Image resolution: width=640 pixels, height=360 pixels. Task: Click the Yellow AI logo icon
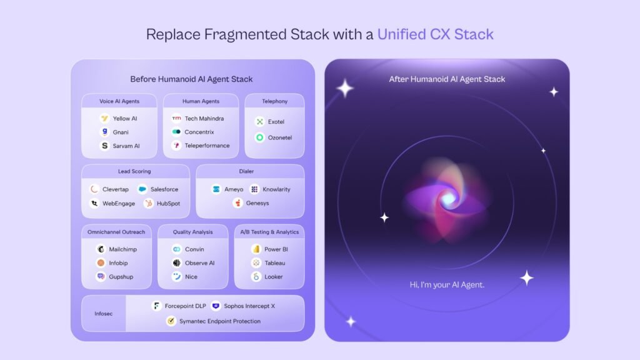tap(104, 118)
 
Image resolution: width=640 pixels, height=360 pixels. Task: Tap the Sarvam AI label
tap(126, 146)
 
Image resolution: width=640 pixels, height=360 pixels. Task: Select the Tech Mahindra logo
tap(176, 118)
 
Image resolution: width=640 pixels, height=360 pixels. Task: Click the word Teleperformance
tap(207, 145)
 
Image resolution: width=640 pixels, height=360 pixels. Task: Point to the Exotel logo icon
tap(259, 122)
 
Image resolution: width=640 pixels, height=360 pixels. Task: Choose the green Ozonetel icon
tap(259, 137)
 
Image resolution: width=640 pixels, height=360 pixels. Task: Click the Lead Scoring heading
tap(134, 171)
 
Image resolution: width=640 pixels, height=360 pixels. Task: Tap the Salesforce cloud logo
tap(142, 189)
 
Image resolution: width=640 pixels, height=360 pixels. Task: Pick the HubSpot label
tap(168, 203)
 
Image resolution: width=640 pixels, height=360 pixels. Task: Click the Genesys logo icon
tap(237, 203)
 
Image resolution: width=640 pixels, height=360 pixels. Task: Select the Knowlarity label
tap(276, 189)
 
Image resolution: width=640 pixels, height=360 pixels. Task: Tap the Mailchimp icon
tap(101, 249)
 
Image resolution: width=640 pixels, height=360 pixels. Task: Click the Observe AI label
tap(199, 263)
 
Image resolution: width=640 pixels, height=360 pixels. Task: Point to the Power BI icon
tap(256, 249)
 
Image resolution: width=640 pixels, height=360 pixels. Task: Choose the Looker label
tap(274, 277)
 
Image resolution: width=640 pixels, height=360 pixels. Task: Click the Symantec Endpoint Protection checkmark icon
tap(171, 321)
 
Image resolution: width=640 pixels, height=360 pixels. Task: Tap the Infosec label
tap(104, 314)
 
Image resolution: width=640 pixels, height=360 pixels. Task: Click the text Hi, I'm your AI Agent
tap(447, 285)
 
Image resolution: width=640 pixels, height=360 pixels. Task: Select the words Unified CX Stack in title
tap(436, 34)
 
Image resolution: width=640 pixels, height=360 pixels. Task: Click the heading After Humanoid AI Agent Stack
tap(447, 79)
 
